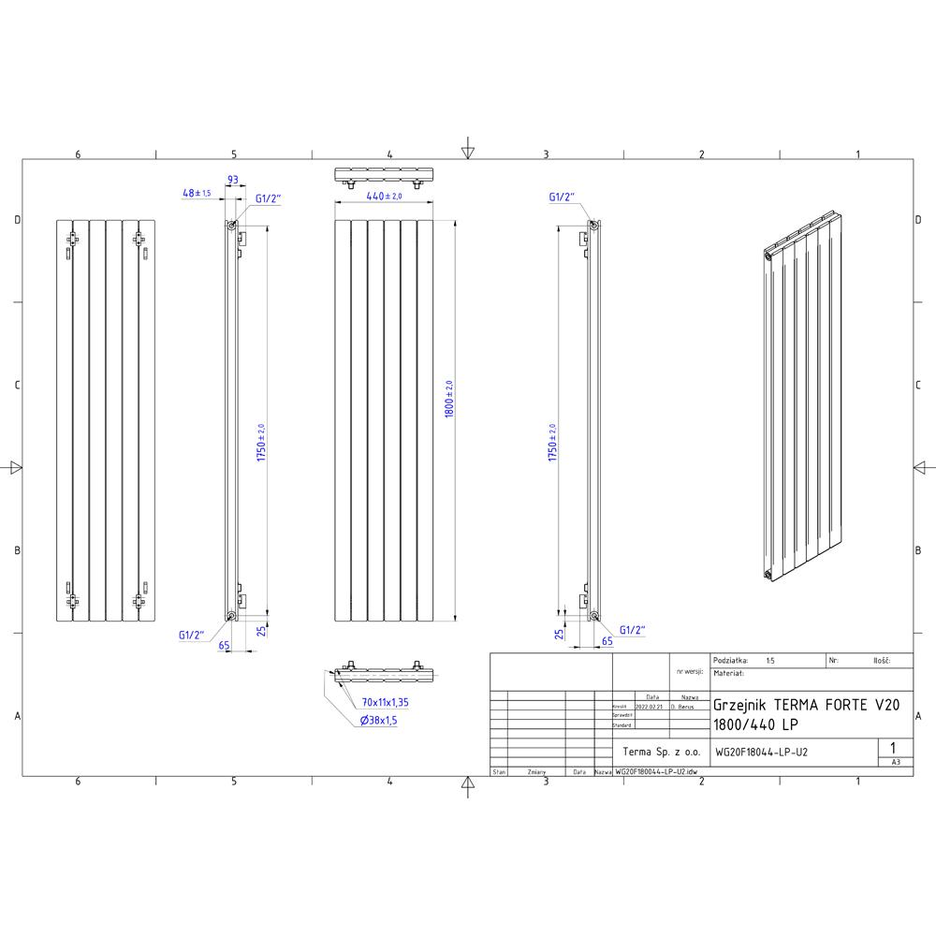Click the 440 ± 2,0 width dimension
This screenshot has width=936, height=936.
pyautogui.click(x=384, y=197)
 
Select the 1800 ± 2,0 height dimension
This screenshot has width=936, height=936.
pyautogui.click(x=449, y=400)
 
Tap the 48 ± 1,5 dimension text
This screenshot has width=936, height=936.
pyautogui.click(x=197, y=193)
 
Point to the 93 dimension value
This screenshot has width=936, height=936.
pyautogui.click(x=233, y=180)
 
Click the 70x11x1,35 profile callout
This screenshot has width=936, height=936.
pyautogui.click(x=386, y=702)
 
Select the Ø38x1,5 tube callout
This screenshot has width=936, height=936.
pyautogui.click(x=379, y=720)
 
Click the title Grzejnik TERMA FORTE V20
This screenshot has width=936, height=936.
pyautogui.click(x=806, y=706)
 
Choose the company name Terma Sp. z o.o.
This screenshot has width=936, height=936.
pyautogui.click(x=661, y=752)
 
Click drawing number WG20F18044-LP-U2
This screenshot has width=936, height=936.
pyautogui.click(x=761, y=752)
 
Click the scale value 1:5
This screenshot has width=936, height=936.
pyautogui.click(x=770, y=661)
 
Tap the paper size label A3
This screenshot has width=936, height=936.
pyautogui.click(x=896, y=763)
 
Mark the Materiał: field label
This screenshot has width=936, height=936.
pyautogui.click(x=728, y=673)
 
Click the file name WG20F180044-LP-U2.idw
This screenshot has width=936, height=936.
pyautogui.click(x=655, y=773)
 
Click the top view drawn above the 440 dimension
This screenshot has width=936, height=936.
pyautogui.click(x=384, y=175)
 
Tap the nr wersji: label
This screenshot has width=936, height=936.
pyautogui.click(x=688, y=672)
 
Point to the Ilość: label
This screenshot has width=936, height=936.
pyautogui.click(x=881, y=661)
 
